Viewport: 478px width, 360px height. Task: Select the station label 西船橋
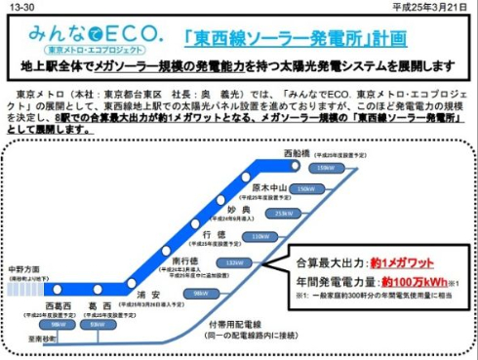click(297, 153)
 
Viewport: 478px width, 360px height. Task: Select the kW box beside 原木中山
click(306, 189)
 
